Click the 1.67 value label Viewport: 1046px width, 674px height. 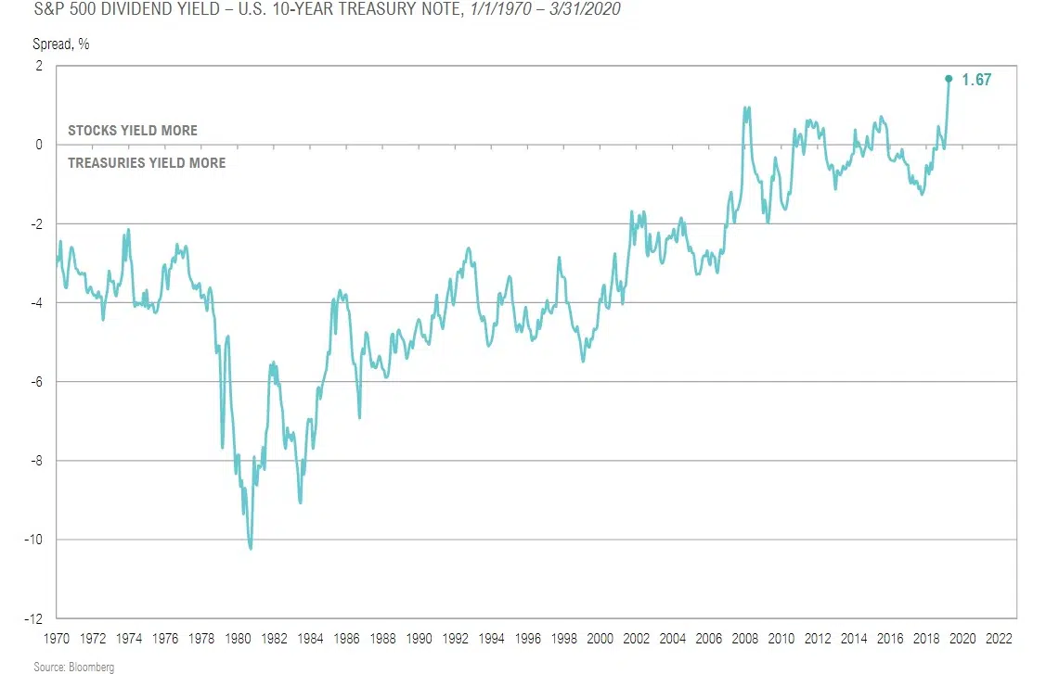pyautogui.click(x=976, y=80)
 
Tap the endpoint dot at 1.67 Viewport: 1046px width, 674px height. pyautogui.click(x=949, y=79)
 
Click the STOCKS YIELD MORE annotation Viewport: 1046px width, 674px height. pyautogui.click(x=133, y=131)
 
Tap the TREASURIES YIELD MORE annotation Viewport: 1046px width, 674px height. pyautogui.click(x=147, y=163)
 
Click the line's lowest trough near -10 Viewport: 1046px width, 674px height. pyautogui.click(x=251, y=548)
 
